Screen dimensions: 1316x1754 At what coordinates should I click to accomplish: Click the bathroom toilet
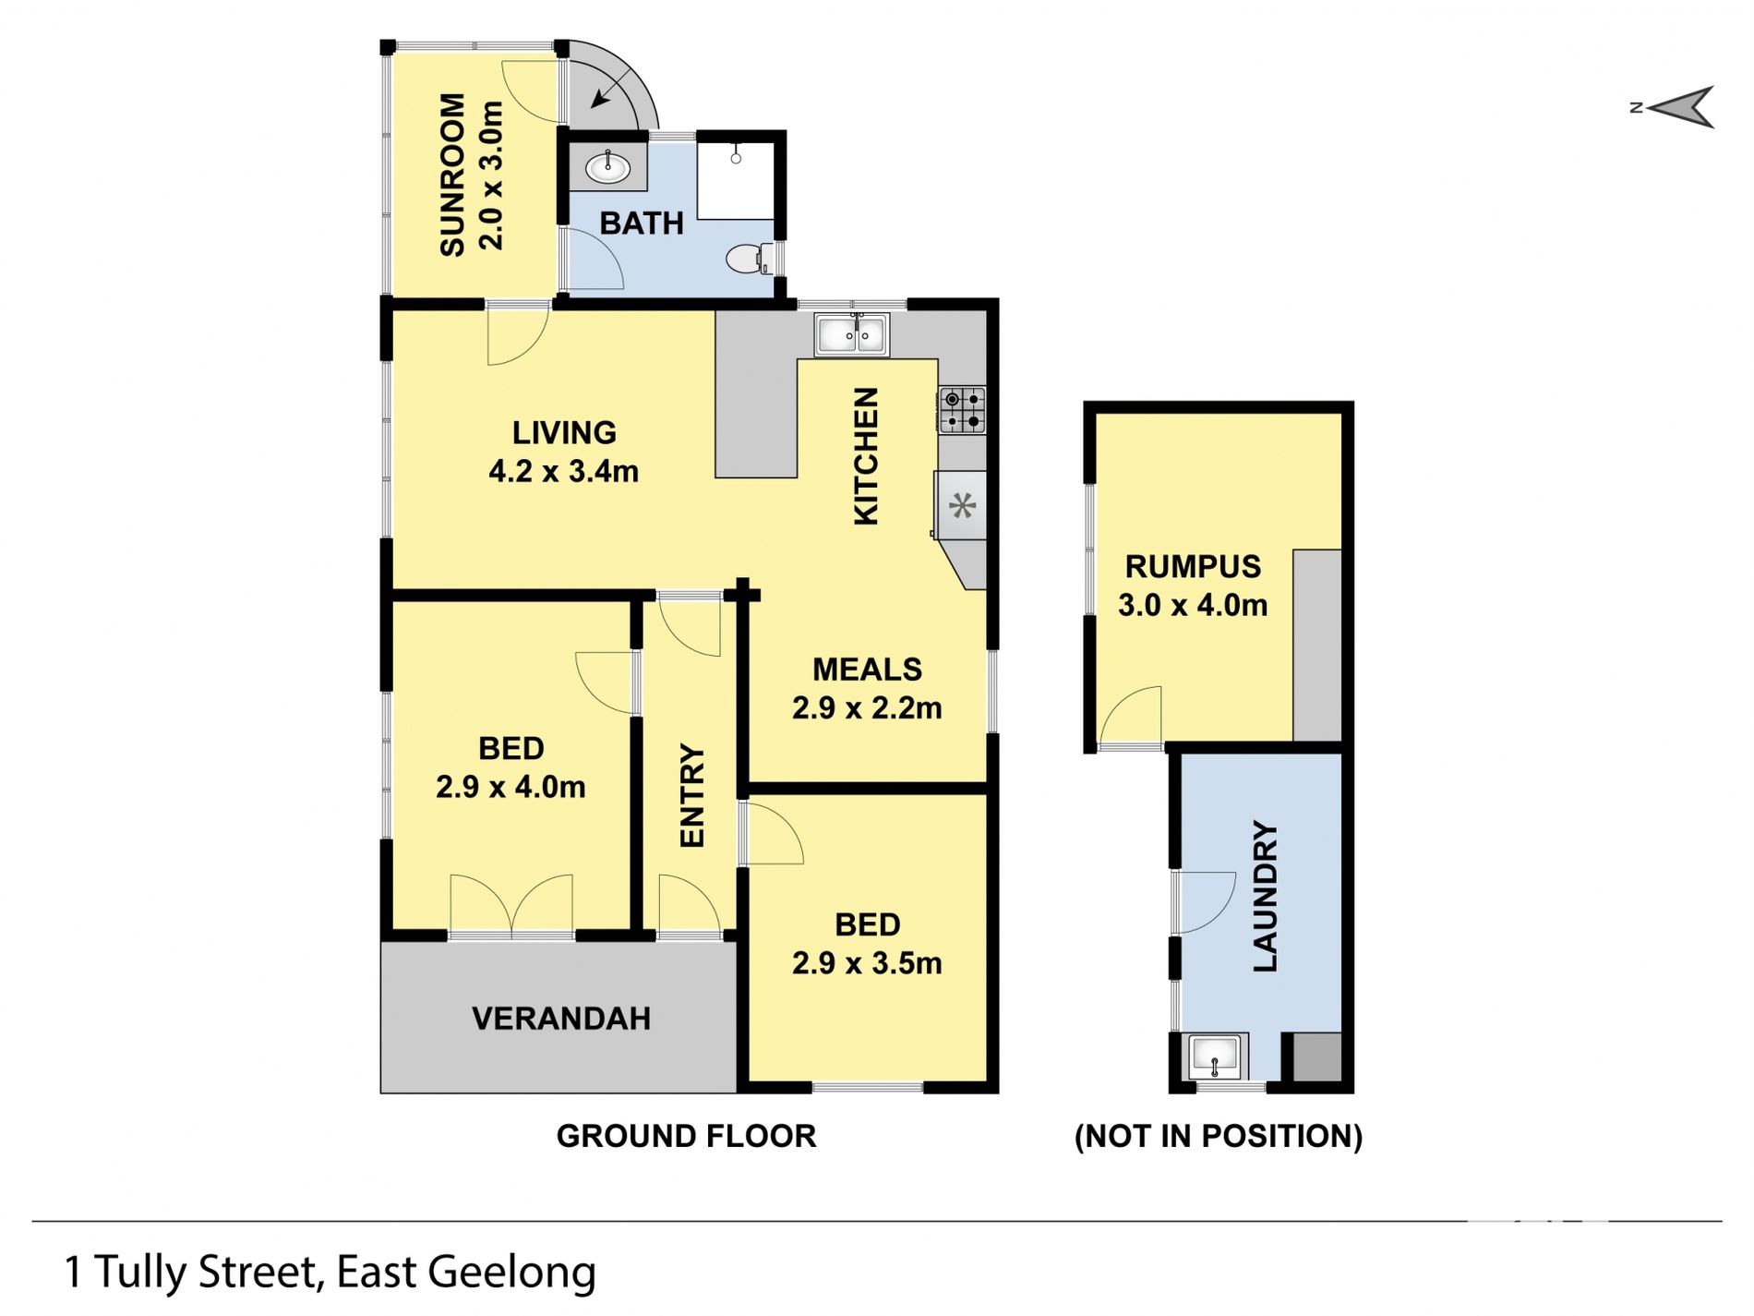point(744,259)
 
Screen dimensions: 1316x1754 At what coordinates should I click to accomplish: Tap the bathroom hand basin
point(607,168)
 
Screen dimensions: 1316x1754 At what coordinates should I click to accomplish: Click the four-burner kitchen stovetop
point(962,410)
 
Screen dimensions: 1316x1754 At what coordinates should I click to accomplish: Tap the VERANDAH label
point(561,1019)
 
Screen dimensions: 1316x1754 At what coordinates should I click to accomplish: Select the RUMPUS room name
point(1193,566)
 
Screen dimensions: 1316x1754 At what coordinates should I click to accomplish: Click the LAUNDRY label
point(1265,896)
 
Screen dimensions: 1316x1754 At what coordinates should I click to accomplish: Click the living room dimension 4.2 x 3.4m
point(563,471)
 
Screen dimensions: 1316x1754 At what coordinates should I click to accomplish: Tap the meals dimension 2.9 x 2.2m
point(867,707)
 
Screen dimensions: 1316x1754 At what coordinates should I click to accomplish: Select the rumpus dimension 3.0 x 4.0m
point(1193,605)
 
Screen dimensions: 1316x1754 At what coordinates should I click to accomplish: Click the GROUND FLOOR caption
point(686,1136)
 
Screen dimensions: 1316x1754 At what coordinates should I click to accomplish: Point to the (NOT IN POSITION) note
point(1219,1136)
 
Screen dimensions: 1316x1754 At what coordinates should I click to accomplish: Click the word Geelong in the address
point(512,1273)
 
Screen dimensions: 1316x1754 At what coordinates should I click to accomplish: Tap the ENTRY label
point(691,796)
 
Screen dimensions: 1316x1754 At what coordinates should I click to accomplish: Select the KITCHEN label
point(866,456)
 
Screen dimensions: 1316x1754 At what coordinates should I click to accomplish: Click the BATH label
point(642,223)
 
